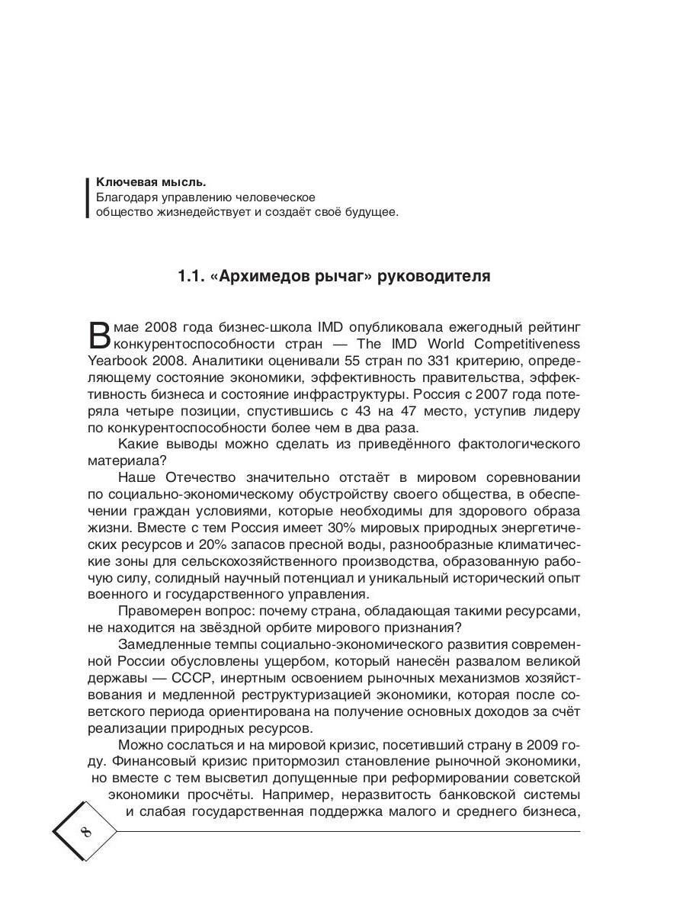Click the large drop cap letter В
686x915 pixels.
click(101, 335)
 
